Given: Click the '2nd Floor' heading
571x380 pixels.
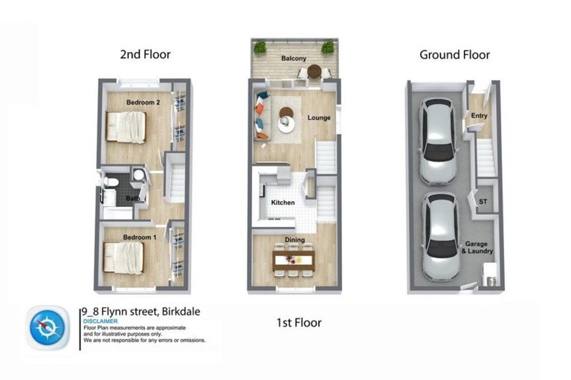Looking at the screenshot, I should [x=145, y=54].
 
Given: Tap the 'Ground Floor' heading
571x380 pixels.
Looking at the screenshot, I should [x=454, y=54].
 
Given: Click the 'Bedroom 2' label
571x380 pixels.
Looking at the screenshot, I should [x=143, y=102].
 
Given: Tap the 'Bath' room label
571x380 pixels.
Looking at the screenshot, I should [x=132, y=199].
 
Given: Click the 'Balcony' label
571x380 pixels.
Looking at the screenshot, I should [x=294, y=58].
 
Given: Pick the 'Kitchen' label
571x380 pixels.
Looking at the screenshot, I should [x=283, y=203].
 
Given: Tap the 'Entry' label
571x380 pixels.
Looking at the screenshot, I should [x=479, y=115].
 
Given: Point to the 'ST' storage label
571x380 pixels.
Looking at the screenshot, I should [x=483, y=201].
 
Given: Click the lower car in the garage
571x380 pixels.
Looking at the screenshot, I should [x=439, y=235].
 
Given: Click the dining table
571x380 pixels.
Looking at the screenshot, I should [x=294, y=260].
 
